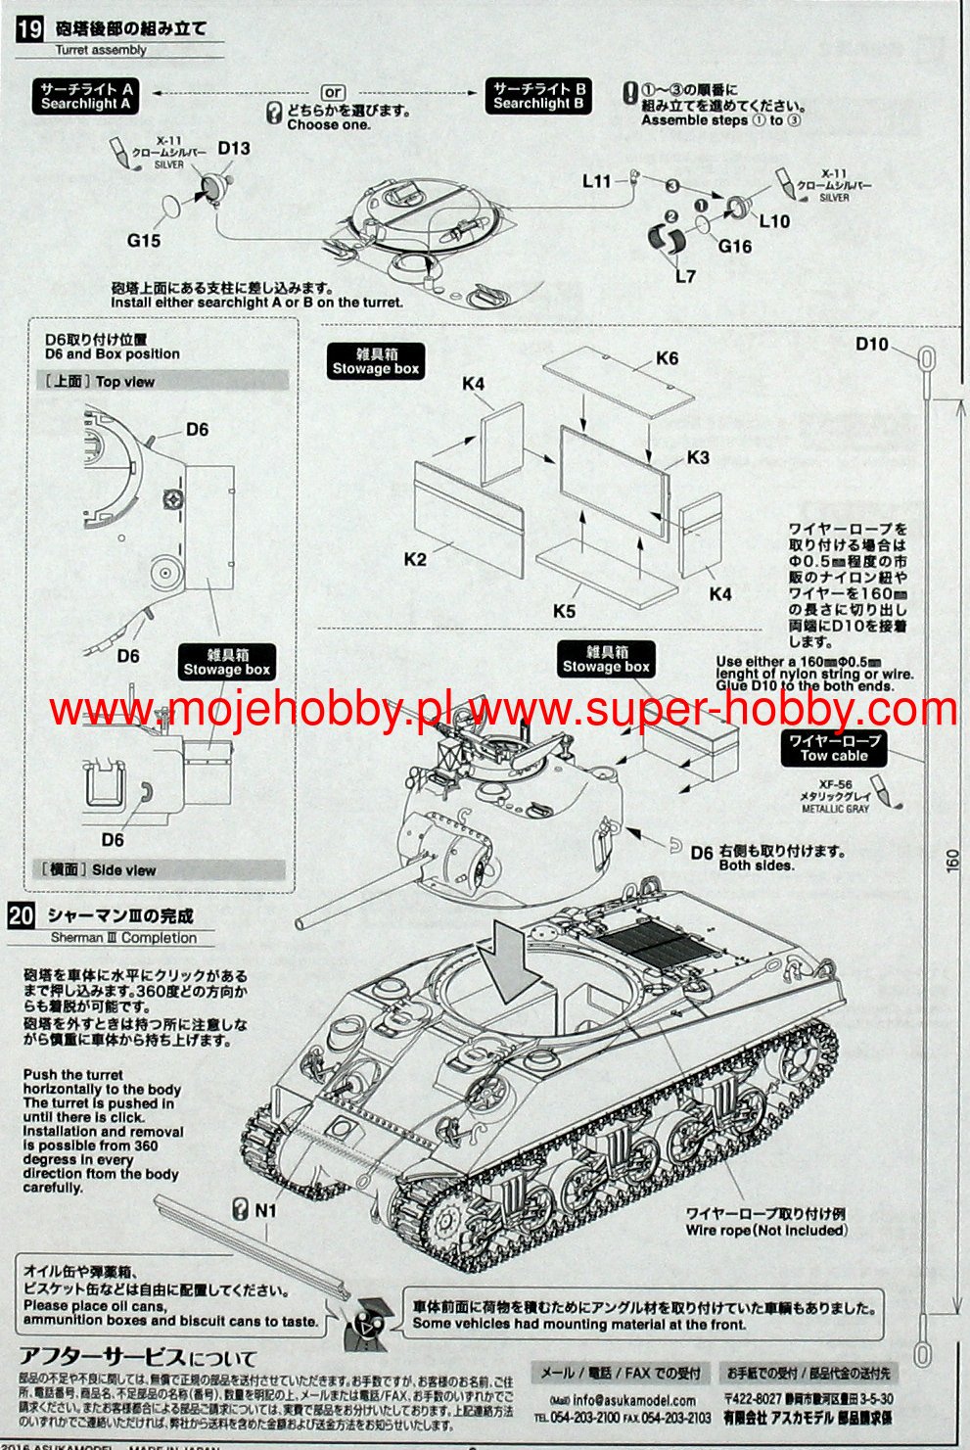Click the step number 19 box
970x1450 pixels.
click(29, 28)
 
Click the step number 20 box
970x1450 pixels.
click(22, 916)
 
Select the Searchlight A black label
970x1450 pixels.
click(86, 96)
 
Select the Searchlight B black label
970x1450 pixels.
click(538, 96)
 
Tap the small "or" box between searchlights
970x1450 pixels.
click(333, 92)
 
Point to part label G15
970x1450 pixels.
click(144, 241)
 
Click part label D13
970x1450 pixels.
click(234, 149)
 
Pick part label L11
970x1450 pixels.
click(596, 181)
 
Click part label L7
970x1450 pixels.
click(685, 276)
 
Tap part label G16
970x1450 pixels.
click(734, 247)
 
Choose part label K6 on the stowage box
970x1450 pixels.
click(667, 358)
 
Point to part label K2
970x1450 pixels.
click(415, 559)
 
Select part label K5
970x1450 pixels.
click(564, 611)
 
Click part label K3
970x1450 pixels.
click(698, 457)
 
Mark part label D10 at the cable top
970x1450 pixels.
click(872, 344)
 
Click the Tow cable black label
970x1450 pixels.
click(834, 748)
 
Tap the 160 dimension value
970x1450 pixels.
click(952, 860)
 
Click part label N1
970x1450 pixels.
click(266, 1210)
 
